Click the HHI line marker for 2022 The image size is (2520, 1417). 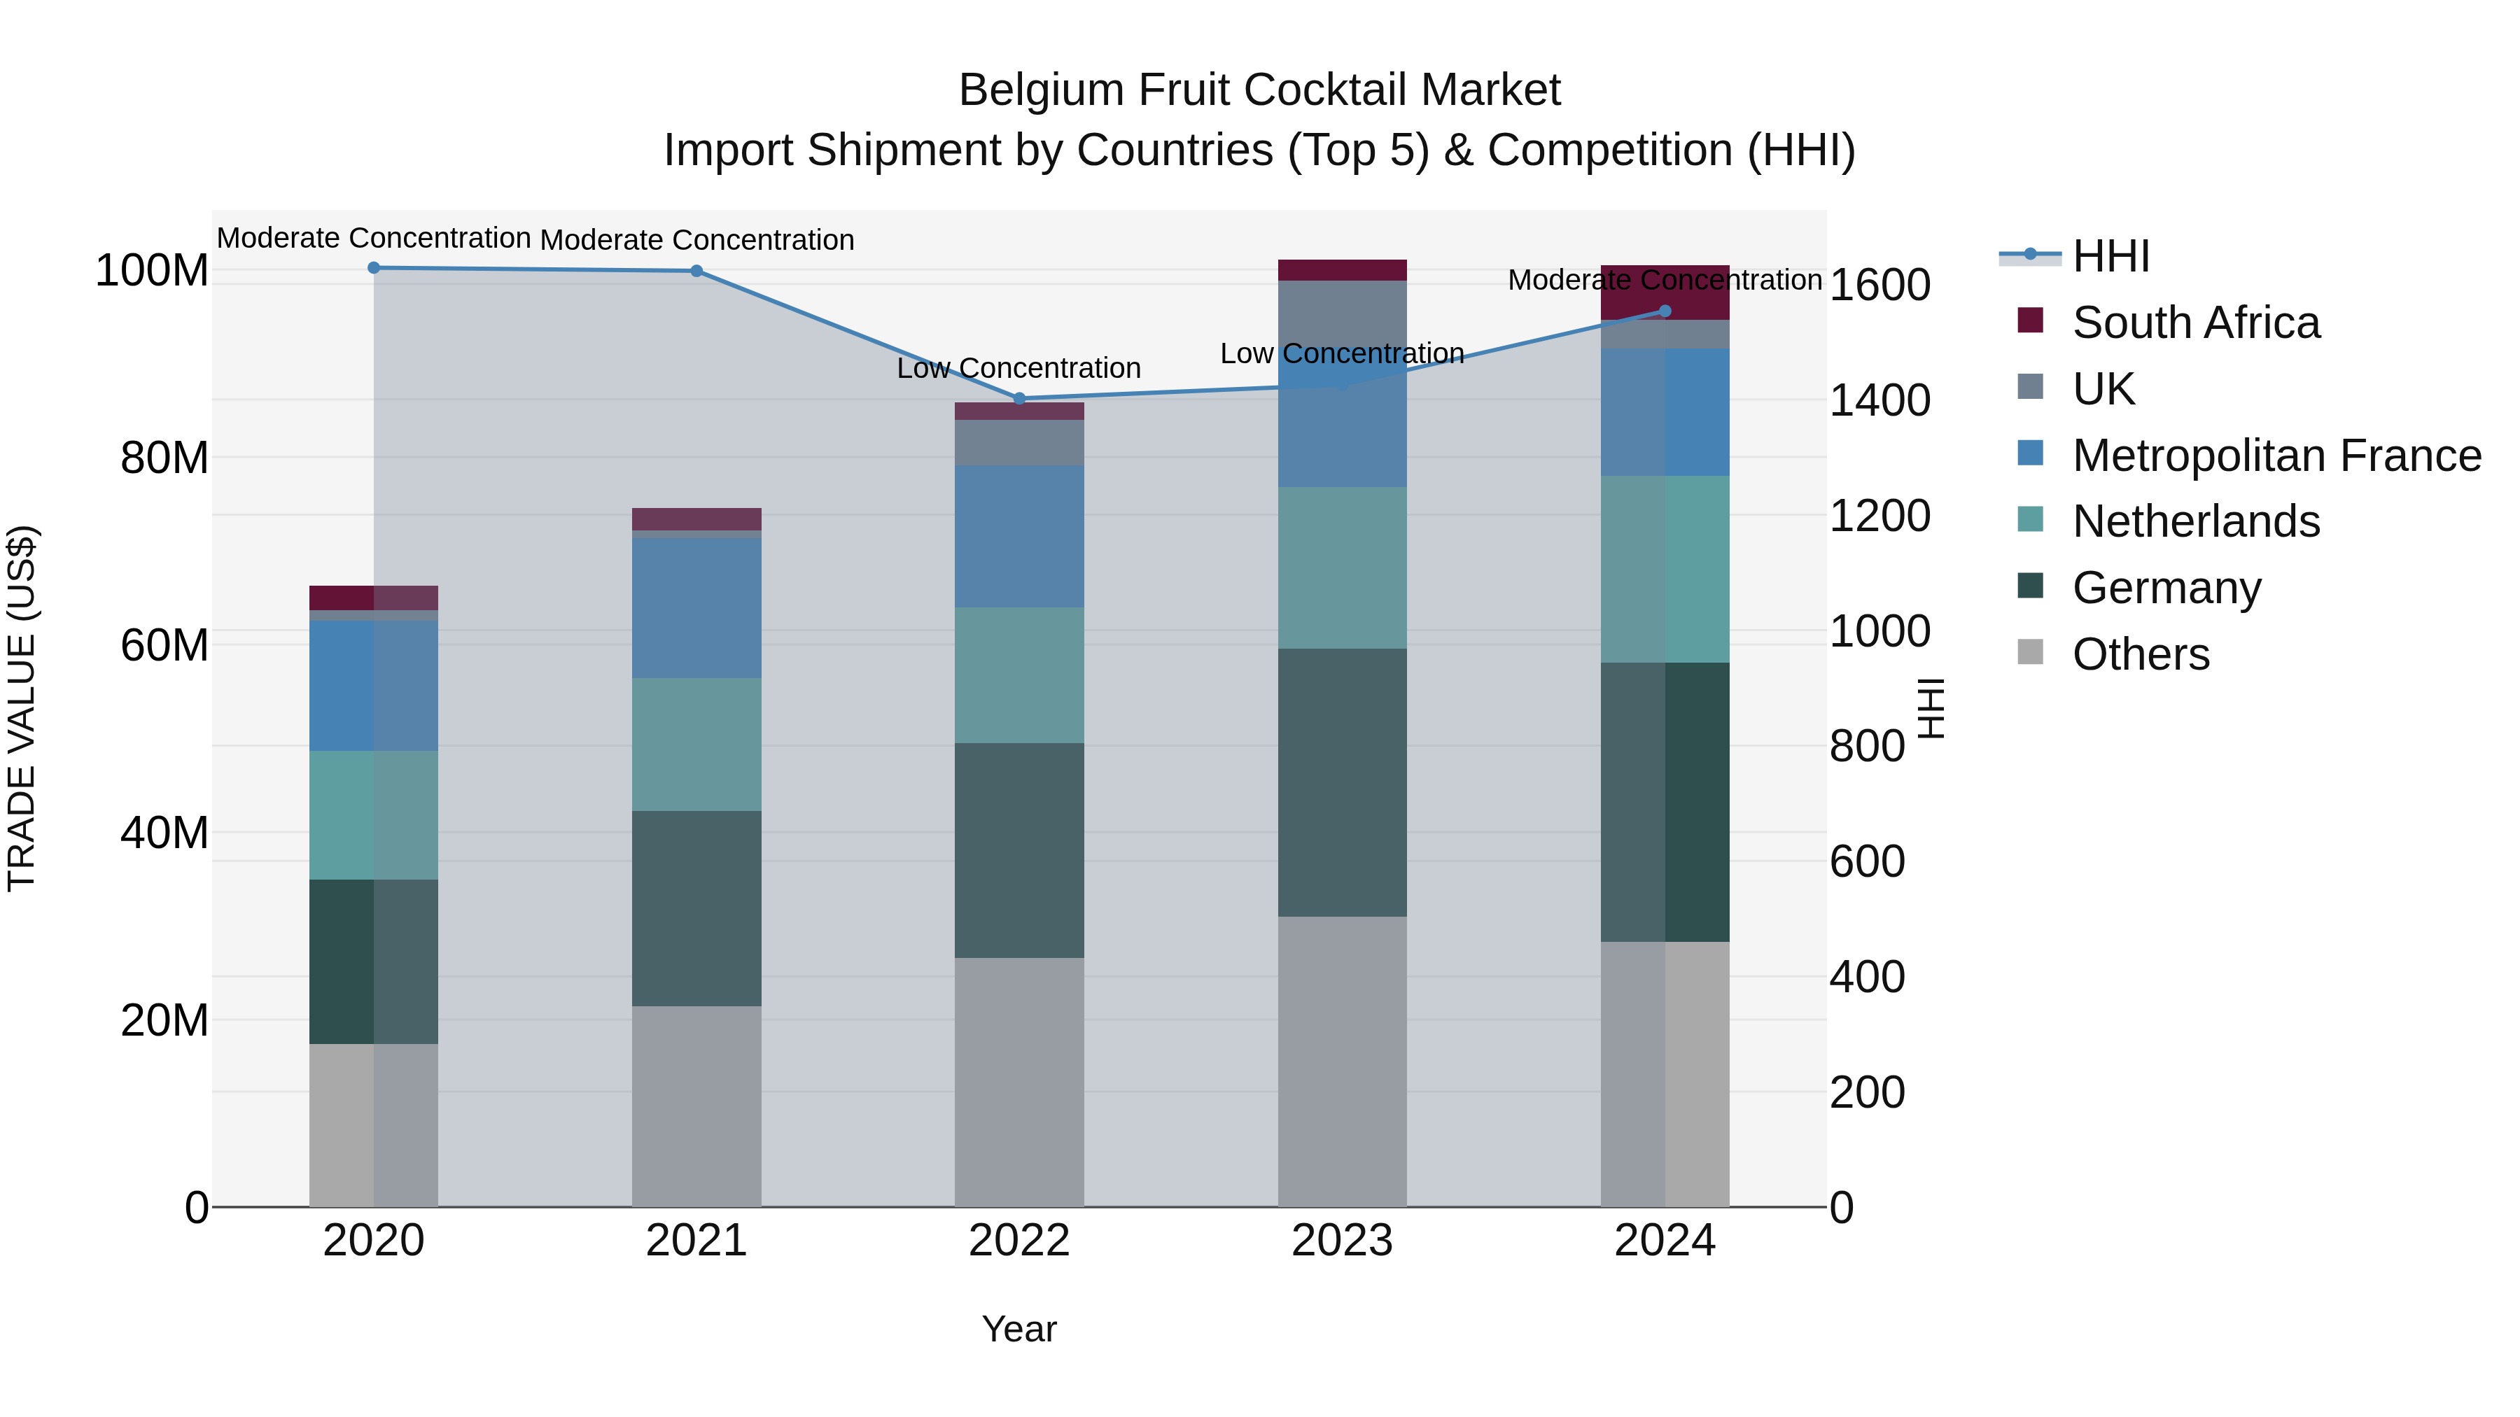1019,398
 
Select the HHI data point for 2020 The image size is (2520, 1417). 374,268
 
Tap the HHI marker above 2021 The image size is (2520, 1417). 696,271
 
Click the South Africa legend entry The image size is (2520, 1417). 2194,323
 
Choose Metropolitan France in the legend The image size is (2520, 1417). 2276,456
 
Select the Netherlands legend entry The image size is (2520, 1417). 2195,521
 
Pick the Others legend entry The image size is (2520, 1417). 2141,654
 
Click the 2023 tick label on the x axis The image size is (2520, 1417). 1342,1241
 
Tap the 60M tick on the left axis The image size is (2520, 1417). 164,645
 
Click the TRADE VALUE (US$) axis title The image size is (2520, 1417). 22,708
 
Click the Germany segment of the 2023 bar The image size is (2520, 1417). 1342,782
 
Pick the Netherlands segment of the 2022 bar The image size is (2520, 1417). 1019,675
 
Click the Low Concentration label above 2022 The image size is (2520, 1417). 1019,369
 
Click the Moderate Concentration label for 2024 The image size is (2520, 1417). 1665,281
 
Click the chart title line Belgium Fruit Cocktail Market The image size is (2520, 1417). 1259,90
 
